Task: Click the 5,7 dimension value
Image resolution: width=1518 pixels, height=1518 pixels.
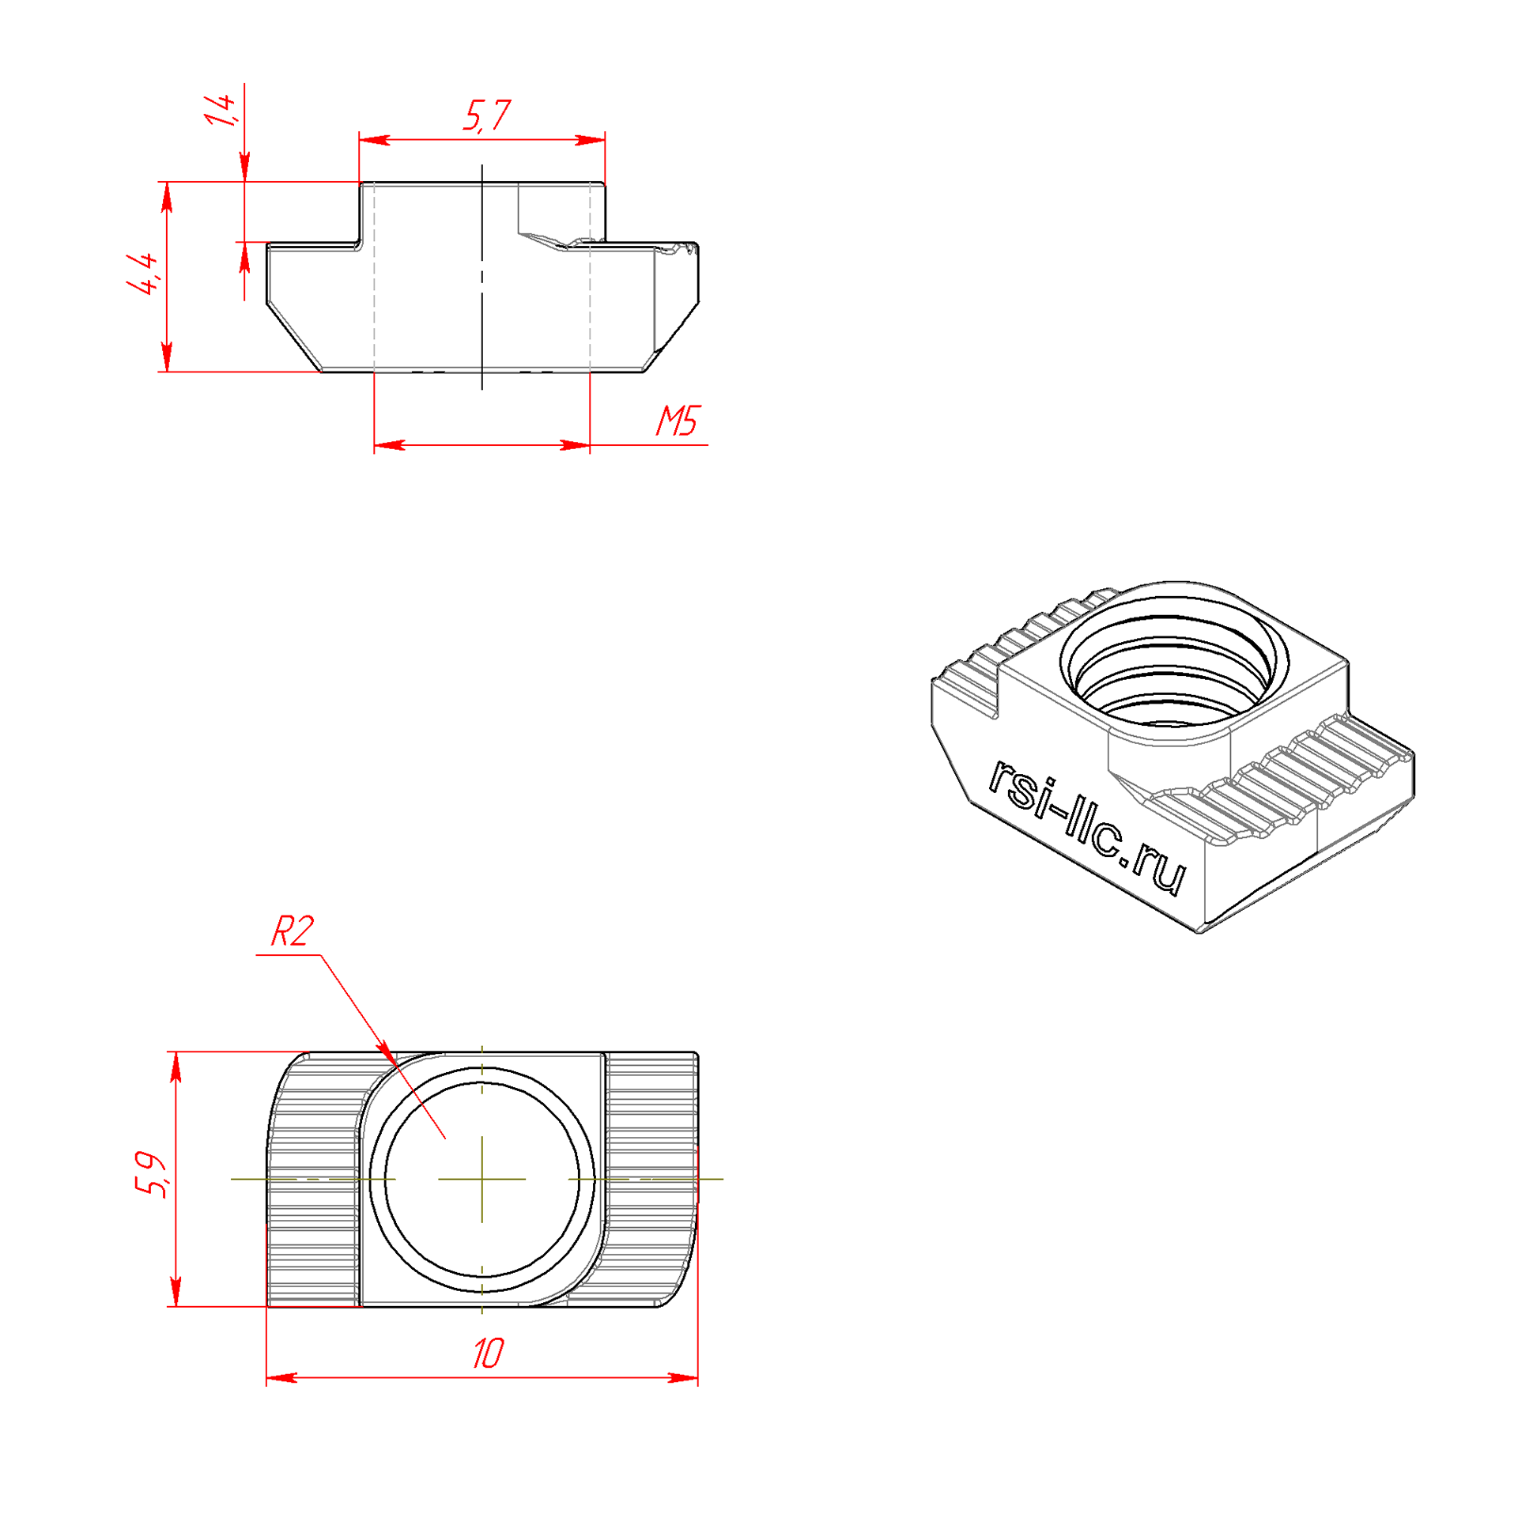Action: (486, 115)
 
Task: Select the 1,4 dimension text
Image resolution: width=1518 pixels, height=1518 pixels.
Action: (221, 110)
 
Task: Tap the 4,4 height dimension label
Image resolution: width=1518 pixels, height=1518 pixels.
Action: (143, 274)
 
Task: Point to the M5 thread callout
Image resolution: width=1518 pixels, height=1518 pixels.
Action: (678, 421)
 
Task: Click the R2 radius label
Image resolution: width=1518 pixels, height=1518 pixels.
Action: (293, 931)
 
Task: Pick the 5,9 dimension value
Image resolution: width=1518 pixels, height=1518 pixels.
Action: (149, 1176)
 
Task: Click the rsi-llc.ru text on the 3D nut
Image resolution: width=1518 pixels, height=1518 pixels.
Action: (1086, 826)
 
